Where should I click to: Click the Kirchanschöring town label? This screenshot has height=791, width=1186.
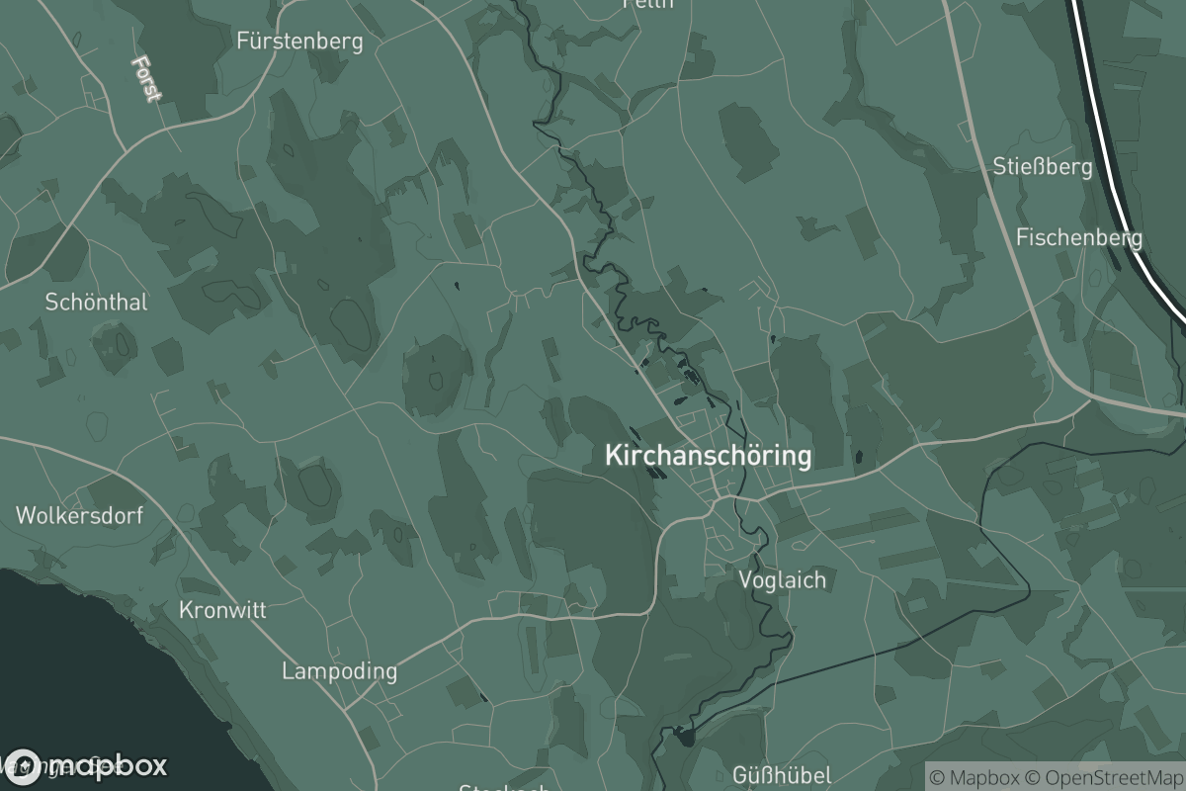(x=708, y=456)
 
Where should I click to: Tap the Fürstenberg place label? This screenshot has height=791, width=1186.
(x=299, y=42)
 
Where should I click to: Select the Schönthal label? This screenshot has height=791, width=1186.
(x=96, y=303)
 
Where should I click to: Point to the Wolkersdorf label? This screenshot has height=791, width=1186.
(x=79, y=515)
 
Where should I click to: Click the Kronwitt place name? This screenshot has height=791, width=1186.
(x=222, y=610)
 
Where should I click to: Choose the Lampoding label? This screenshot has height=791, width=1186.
(x=339, y=671)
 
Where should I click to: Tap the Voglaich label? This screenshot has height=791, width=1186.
(x=782, y=579)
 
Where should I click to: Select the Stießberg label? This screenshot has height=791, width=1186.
(x=1043, y=166)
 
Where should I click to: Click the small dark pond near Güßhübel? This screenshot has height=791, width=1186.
(x=684, y=735)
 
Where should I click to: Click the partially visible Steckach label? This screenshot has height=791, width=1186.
(x=504, y=787)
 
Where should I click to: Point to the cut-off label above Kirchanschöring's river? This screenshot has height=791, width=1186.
(x=648, y=4)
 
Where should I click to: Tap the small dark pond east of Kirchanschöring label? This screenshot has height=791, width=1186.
(x=858, y=457)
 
